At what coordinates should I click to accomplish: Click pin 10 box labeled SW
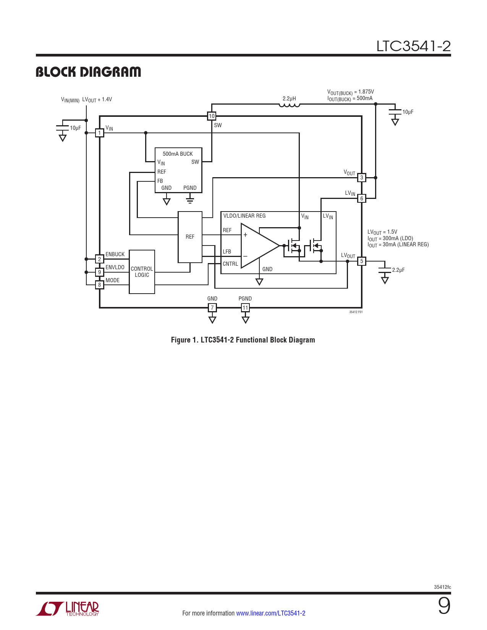click(211, 116)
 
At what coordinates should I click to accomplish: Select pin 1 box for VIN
click(99, 133)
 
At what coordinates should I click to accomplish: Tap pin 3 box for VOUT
click(362, 178)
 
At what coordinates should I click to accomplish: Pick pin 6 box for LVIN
click(362, 199)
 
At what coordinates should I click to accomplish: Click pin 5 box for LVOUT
click(362, 261)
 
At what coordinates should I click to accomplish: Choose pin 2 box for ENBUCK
click(99, 259)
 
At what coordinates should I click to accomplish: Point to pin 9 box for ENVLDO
click(99, 272)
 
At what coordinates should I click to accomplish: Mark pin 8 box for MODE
click(99, 285)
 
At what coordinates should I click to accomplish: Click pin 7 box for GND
click(212, 308)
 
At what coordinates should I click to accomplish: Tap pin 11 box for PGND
click(245, 308)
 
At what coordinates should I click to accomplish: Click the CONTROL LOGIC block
click(142, 272)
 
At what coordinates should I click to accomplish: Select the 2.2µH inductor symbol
click(289, 105)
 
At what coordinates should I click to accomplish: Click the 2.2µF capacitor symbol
click(385, 270)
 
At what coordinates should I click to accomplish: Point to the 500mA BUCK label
click(178, 154)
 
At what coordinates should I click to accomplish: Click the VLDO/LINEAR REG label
click(244, 216)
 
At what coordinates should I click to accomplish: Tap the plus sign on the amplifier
click(245, 235)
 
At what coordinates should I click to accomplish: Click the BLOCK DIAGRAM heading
click(88, 72)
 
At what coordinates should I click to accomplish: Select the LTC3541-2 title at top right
click(413, 46)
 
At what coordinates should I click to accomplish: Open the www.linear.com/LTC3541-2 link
click(270, 613)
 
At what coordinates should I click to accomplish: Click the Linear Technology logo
click(68, 609)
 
